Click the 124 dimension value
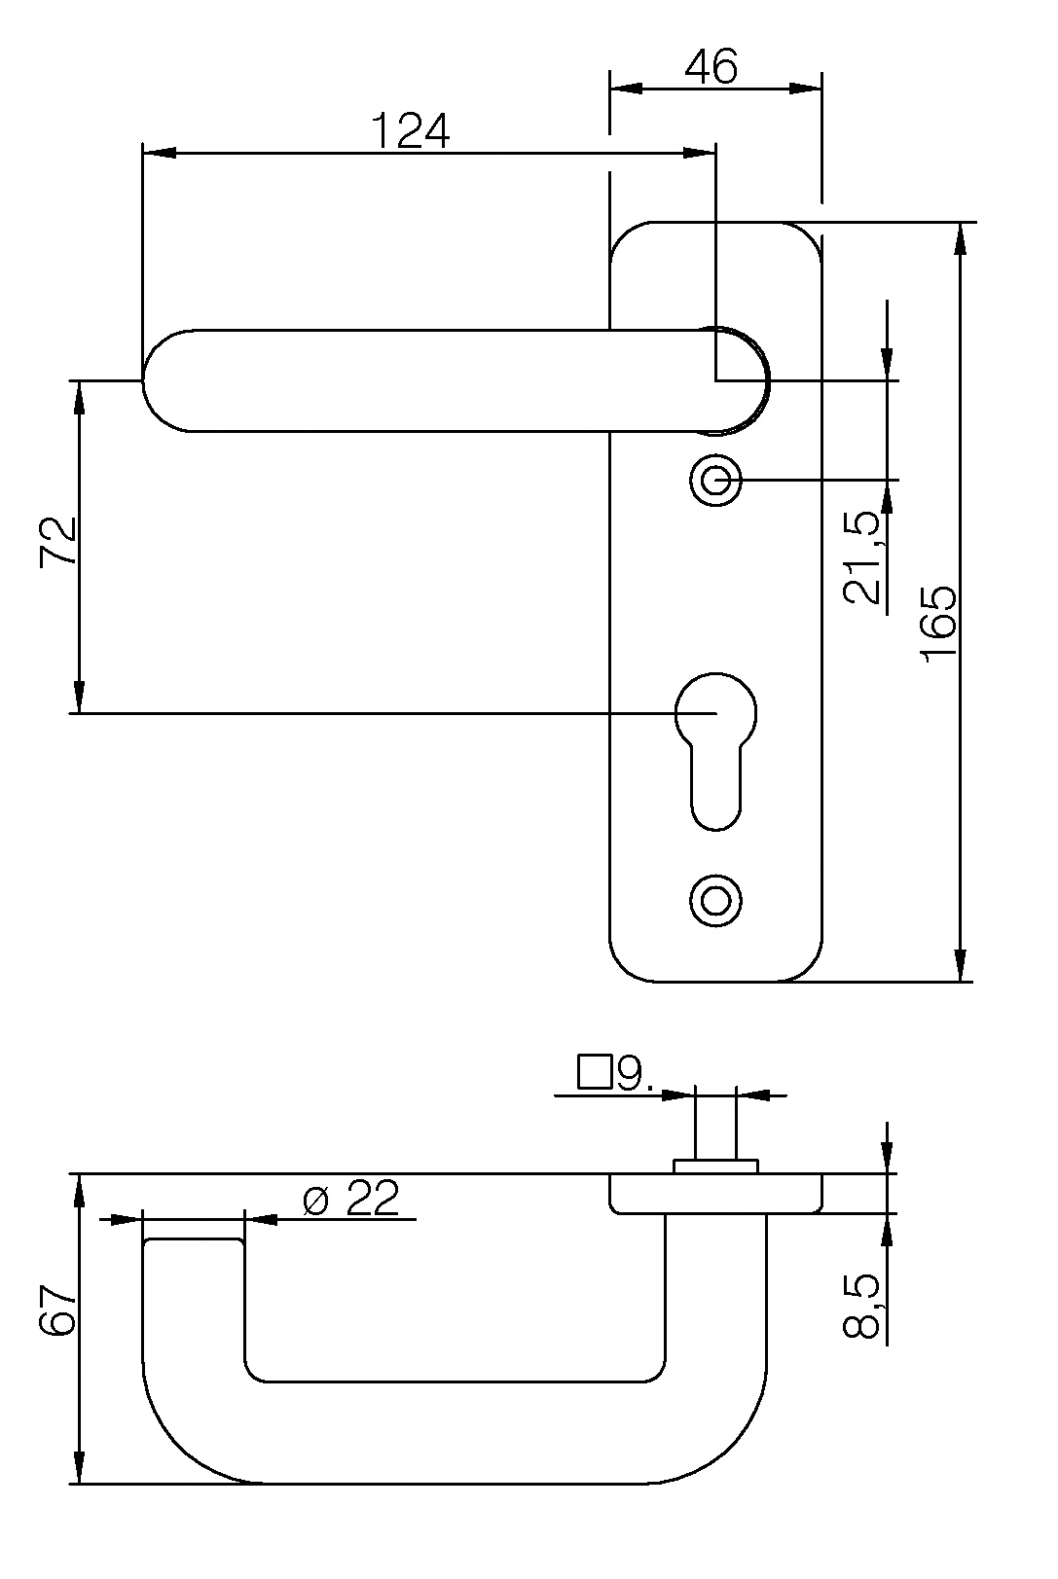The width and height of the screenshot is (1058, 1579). click(x=411, y=130)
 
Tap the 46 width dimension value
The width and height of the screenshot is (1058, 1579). click(x=711, y=67)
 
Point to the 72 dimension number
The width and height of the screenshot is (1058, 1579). click(x=58, y=541)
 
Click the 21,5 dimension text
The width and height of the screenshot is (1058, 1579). click(x=862, y=557)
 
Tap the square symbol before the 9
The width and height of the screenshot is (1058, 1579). click(x=595, y=1092)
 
